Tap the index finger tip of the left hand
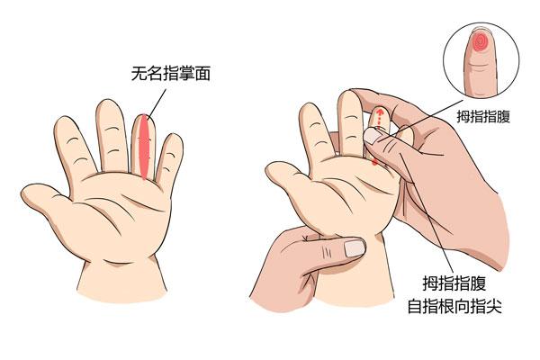67,126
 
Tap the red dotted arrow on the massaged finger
379,117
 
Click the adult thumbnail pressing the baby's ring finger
373,135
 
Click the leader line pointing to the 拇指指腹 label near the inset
423,123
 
